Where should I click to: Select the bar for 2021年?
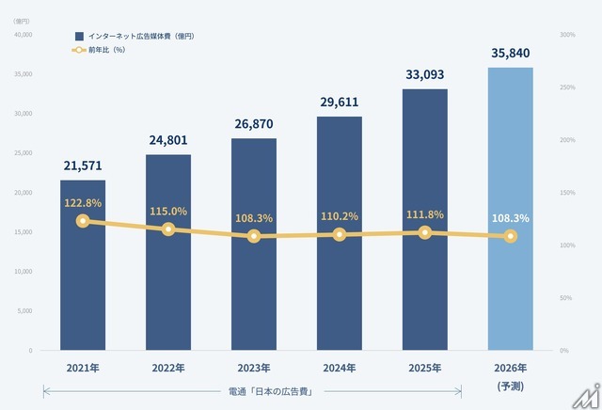[83, 273]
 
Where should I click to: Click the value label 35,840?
[510, 54]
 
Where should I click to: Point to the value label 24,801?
[168, 141]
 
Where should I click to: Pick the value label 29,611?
[340, 102]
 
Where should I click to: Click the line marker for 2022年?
[168, 229]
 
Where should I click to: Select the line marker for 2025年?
[425, 232]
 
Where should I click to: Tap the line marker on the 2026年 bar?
[510, 236]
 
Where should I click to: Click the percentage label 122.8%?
[83, 203]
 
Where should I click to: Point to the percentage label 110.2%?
[340, 216]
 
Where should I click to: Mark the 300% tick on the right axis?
[567, 35]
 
